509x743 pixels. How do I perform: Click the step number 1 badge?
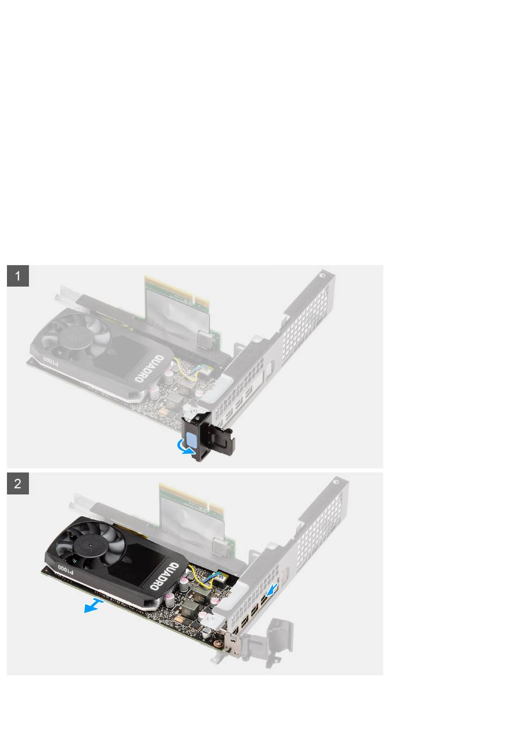tap(18, 276)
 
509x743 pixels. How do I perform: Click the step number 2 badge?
tap(18, 484)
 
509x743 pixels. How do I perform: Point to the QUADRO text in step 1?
tap(149, 368)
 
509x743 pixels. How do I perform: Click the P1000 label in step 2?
tap(65, 568)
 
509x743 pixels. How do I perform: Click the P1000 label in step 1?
tap(50, 361)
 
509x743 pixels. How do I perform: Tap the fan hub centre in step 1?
tap(76, 337)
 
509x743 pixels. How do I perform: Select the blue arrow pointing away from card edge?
tap(94, 606)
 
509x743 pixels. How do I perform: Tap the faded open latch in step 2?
tap(269, 639)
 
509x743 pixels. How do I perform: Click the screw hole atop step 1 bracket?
tap(322, 274)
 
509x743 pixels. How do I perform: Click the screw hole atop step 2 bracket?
tap(336, 480)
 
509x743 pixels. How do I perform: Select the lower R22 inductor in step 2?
tap(187, 610)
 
